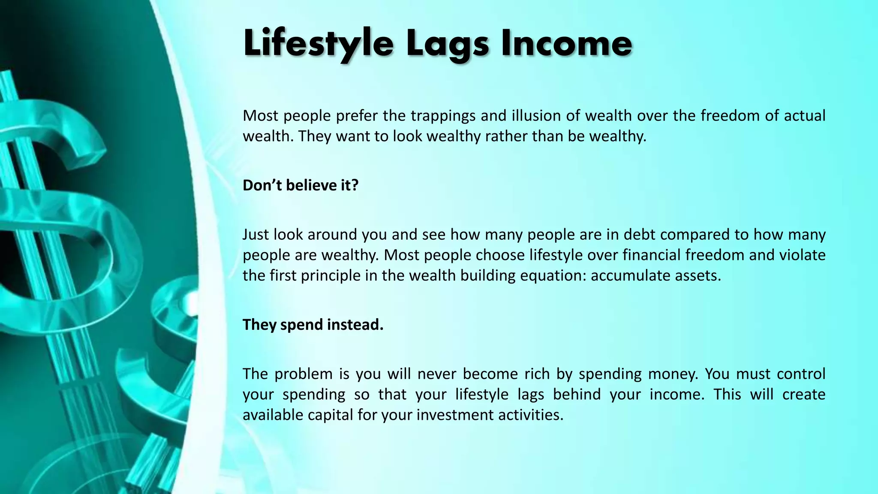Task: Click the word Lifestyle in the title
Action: click(x=318, y=44)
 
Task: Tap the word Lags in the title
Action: click(x=447, y=44)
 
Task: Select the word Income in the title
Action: click(x=566, y=44)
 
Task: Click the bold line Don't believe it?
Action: click(x=300, y=185)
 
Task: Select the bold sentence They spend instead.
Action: click(x=313, y=325)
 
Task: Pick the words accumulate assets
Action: click(x=655, y=275)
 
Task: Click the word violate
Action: click(x=802, y=255)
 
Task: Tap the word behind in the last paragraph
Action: click(x=577, y=395)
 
